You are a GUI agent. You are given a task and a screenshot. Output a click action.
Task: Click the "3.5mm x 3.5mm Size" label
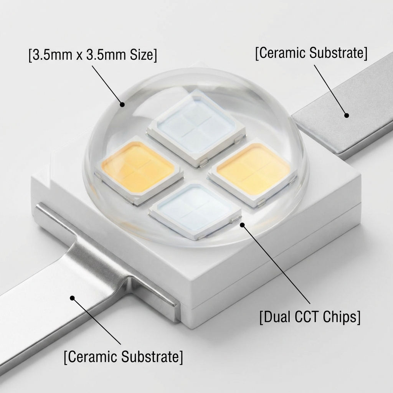92,54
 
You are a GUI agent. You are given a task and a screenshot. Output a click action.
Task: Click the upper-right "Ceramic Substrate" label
311,53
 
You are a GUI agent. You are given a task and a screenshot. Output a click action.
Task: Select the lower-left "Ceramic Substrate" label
123,357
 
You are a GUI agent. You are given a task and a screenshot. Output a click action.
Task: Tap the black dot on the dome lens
122,104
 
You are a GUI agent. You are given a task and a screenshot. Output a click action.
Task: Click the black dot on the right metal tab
346,115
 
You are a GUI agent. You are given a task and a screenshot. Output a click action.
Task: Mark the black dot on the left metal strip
72,297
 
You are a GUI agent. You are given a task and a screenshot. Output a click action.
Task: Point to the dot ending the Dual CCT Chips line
242,225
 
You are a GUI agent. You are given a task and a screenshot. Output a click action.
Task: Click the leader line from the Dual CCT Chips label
276,265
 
